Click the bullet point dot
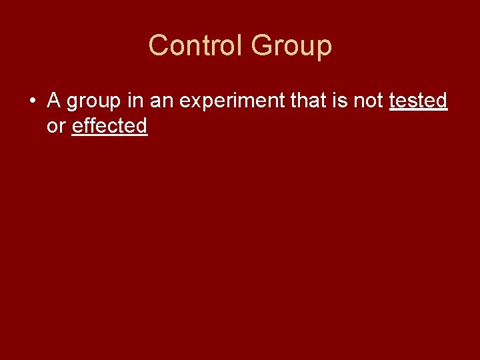[x=32, y=101]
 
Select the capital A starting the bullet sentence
[x=54, y=101]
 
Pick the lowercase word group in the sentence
[x=93, y=102]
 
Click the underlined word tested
[x=418, y=101]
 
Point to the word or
[x=56, y=126]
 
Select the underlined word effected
[x=109, y=125]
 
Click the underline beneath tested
[x=418, y=110]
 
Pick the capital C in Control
[x=159, y=46]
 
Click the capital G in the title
[x=263, y=46]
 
